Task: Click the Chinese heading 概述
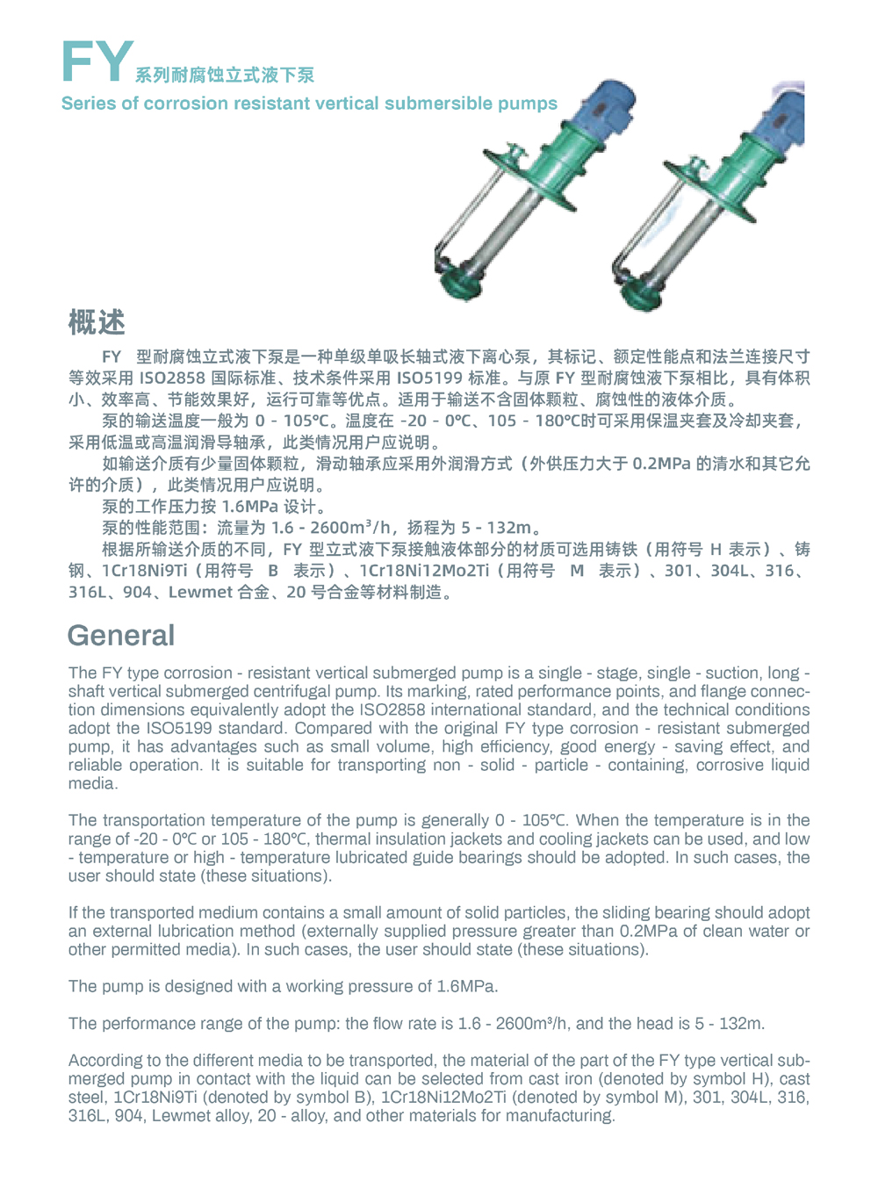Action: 97,322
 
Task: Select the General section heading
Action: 121,635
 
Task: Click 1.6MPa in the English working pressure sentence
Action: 466,986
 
